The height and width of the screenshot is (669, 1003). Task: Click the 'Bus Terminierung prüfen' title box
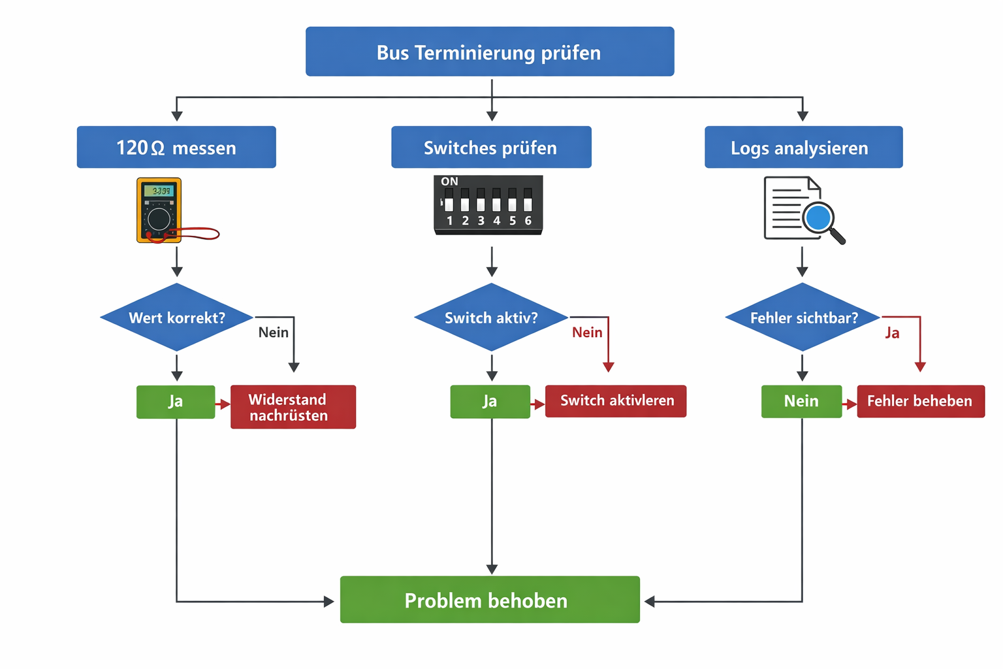coord(490,52)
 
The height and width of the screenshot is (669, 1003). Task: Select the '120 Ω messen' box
coord(176,148)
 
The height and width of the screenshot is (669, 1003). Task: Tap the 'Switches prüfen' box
coord(491,148)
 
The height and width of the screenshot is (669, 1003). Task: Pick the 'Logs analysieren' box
coord(803,148)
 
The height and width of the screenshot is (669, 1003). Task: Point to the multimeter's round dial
coord(159,219)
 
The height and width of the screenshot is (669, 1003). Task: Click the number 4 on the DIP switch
coord(496,221)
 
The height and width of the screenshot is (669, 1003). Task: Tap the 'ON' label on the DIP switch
coord(449,182)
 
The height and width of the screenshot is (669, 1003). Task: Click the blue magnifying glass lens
coord(818,218)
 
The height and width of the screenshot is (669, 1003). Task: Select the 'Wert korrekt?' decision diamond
coord(176,318)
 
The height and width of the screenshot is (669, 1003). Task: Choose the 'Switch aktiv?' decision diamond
coord(491,318)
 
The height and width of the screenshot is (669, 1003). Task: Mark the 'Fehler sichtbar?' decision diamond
coord(803,318)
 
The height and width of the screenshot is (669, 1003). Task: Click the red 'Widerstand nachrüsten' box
coord(293,407)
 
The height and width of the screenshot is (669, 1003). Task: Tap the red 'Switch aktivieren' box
coord(616,401)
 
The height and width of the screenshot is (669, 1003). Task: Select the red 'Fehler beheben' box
coord(920,401)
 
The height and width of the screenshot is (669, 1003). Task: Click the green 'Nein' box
coord(801,401)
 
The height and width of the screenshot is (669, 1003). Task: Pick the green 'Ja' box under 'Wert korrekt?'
coord(176,401)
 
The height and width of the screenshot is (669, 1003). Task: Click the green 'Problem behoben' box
coord(490,600)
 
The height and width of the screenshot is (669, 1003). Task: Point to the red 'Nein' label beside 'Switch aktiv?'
coord(587,333)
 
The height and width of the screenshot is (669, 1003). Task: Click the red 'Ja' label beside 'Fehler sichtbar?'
coord(892,333)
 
